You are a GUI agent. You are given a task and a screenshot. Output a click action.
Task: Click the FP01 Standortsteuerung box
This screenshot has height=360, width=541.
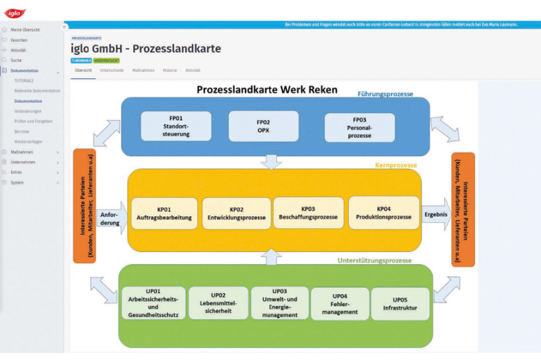pyautogui.click(x=176, y=126)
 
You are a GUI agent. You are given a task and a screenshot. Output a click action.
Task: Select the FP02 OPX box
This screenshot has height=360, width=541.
pyautogui.click(x=263, y=126)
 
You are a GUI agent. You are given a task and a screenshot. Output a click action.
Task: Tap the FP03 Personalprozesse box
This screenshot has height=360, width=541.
pyautogui.click(x=359, y=127)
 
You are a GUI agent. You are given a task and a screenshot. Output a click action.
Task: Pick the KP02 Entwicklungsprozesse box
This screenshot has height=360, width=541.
pyautogui.click(x=236, y=213)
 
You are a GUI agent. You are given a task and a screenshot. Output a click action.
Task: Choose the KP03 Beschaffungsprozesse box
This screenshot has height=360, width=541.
pyautogui.click(x=308, y=212)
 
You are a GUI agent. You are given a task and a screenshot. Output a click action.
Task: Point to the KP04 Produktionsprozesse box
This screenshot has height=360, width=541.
pyautogui.click(x=384, y=212)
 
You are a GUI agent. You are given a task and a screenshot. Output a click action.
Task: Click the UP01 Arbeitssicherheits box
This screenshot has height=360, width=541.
pyautogui.click(x=154, y=303)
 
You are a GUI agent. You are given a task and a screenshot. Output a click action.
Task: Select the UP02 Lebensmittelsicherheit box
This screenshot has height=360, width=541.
pyautogui.click(x=219, y=303)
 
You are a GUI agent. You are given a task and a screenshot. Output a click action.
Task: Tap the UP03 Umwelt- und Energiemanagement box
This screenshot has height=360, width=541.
pyautogui.click(x=280, y=303)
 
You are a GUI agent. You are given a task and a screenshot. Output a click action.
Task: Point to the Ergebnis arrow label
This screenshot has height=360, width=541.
pyautogui.click(x=435, y=213)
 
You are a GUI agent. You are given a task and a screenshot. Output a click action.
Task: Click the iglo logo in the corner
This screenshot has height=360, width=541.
pyautogui.click(x=15, y=13)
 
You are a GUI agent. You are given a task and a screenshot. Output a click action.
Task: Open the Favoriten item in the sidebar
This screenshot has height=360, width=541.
pyautogui.click(x=19, y=40)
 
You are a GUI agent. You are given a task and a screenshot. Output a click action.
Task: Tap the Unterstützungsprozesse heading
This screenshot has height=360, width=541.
pyautogui.click(x=374, y=260)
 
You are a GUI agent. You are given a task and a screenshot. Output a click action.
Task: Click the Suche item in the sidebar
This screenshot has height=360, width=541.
pyautogui.click(x=16, y=60)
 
